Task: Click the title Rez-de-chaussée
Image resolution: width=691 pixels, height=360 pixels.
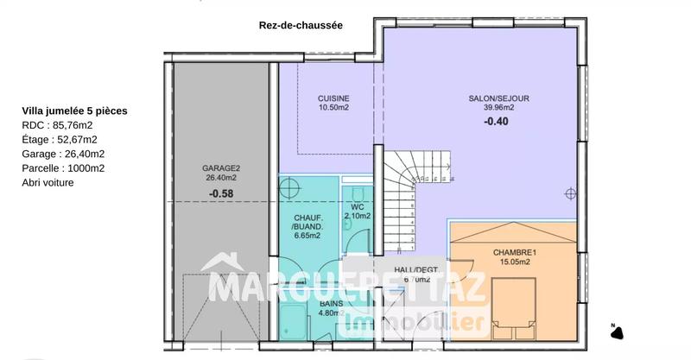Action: point(301,26)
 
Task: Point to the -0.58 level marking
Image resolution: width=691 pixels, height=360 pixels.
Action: point(222,194)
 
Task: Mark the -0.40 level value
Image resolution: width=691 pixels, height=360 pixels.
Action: point(496,122)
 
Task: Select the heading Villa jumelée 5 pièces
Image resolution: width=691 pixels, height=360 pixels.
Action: point(76,111)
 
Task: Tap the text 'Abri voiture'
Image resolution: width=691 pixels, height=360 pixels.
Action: point(48,182)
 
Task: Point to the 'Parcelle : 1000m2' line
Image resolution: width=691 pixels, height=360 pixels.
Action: point(63,168)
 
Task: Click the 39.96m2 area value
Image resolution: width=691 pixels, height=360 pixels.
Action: point(498,108)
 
